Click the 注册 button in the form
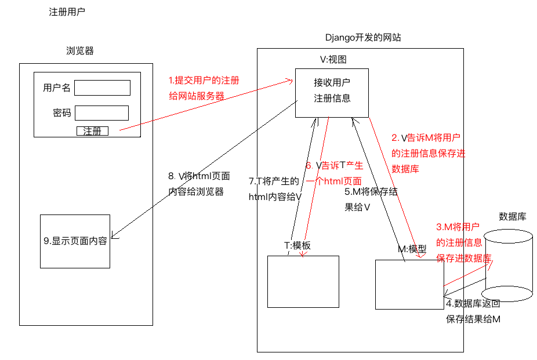click(x=92, y=131)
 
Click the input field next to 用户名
click(x=103, y=88)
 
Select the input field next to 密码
click(x=101, y=113)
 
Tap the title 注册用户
click(x=67, y=12)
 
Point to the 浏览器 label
click(x=80, y=51)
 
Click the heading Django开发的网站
click(x=363, y=37)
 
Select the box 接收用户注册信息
click(x=332, y=93)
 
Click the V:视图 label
click(x=333, y=60)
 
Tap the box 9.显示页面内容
click(x=75, y=241)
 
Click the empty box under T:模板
click(x=303, y=282)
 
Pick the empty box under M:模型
click(x=409, y=285)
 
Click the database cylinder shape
click(x=507, y=266)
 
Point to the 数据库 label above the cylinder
click(x=512, y=217)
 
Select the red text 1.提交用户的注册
click(x=204, y=81)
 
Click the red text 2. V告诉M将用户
click(x=426, y=138)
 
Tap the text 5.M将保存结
click(x=371, y=192)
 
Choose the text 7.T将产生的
click(x=274, y=181)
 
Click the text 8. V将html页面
click(x=199, y=176)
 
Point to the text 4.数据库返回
click(x=473, y=304)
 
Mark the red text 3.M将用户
click(x=458, y=227)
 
